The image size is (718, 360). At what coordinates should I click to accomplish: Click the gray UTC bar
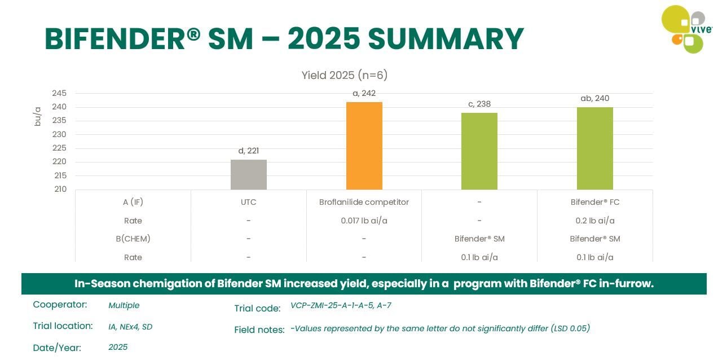tap(248, 174)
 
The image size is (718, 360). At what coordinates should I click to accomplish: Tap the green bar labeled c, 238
tap(479, 151)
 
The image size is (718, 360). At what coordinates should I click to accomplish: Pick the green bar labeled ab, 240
tap(594, 148)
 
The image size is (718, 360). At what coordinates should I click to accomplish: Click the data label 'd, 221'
tap(248, 151)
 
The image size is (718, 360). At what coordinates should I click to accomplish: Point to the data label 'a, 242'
tap(364, 93)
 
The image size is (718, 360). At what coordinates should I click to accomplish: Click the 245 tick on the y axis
tap(59, 93)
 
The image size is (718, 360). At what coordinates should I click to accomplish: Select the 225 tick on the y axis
tap(59, 148)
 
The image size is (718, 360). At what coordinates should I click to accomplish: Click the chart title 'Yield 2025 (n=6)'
tap(344, 75)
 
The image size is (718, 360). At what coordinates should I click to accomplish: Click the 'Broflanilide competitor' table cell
tap(364, 202)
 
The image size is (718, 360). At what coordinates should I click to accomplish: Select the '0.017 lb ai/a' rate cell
tap(364, 221)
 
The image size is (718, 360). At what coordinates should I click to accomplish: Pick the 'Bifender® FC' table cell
tap(594, 202)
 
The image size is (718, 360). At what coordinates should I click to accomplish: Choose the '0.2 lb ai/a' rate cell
tap(594, 221)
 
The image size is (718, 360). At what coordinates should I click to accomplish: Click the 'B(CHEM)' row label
tap(133, 239)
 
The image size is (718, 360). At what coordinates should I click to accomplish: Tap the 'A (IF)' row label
tap(133, 202)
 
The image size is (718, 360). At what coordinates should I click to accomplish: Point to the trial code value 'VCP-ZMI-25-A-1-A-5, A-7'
tap(341, 306)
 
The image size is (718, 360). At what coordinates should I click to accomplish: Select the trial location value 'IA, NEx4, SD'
tap(130, 326)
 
